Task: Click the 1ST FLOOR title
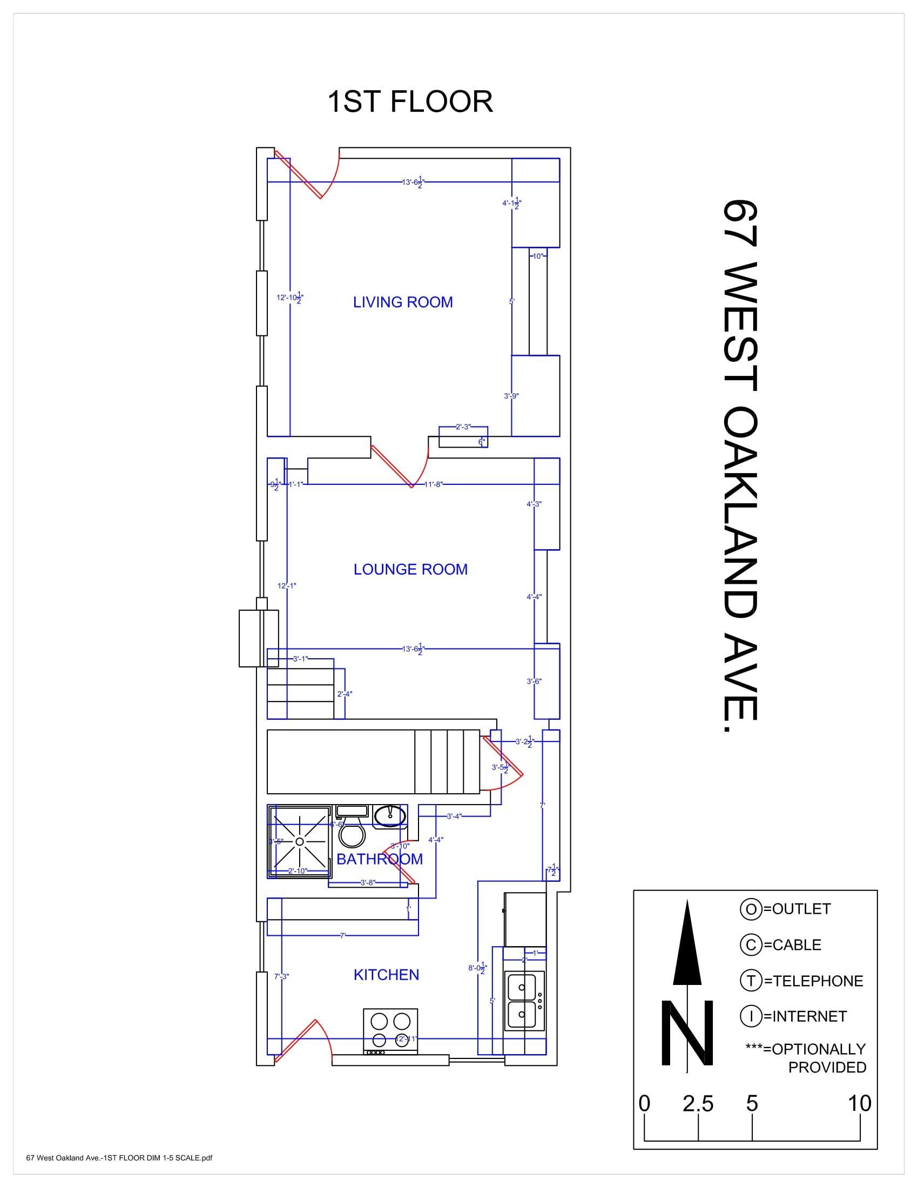click(x=410, y=102)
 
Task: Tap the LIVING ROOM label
click(x=402, y=302)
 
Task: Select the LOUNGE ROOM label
click(x=410, y=570)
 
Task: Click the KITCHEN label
click(x=386, y=975)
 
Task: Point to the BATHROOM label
click(x=379, y=859)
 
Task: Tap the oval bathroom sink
click(x=390, y=815)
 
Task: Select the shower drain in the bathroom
click(x=300, y=841)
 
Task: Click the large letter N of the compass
click(x=687, y=1033)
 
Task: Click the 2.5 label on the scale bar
click(x=698, y=1104)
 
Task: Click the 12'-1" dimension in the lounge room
click(x=287, y=586)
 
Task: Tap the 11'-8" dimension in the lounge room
click(x=434, y=484)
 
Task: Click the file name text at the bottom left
click(x=119, y=1173)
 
